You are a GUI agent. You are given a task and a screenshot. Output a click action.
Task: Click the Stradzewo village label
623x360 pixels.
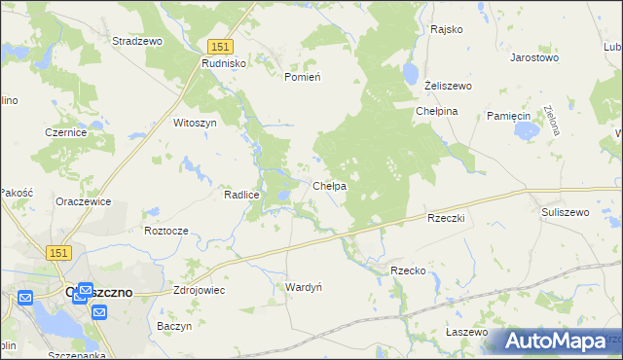(137, 42)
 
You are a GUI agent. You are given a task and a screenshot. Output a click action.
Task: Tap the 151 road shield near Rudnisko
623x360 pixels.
(220, 47)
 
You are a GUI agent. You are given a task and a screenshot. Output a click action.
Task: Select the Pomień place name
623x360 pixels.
(302, 76)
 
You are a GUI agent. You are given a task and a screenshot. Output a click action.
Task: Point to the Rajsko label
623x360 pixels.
(446, 29)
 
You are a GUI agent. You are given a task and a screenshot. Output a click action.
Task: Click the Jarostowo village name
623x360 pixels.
(534, 57)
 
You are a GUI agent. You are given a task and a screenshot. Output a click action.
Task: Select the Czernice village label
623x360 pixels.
(67, 132)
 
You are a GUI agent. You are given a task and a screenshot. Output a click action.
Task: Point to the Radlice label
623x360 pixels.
(241, 195)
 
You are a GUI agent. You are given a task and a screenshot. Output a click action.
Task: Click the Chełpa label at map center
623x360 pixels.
(330, 185)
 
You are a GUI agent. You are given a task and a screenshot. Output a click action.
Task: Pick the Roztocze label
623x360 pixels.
(165, 231)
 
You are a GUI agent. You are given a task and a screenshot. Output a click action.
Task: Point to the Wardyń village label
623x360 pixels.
(304, 286)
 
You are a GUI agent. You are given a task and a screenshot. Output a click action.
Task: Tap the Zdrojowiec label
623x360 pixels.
(199, 290)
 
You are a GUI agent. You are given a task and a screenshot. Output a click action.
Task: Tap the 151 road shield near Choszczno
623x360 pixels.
(58, 252)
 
